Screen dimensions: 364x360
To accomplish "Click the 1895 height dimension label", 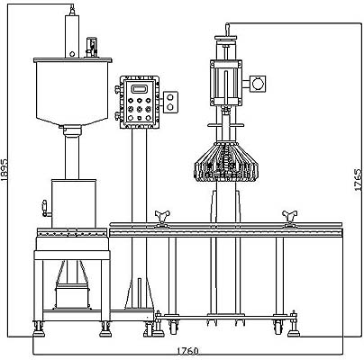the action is [5, 170].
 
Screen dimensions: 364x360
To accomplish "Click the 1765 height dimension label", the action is [359, 180].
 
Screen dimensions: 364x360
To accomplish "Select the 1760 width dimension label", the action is [187, 351].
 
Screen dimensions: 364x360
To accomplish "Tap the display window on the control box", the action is [140, 89].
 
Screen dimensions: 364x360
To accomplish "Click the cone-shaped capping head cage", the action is [226, 161].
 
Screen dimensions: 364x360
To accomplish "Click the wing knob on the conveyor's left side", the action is [162, 218].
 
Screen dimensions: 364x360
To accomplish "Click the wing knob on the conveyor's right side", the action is [289, 218].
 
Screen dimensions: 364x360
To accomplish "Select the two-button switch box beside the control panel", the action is [170, 103].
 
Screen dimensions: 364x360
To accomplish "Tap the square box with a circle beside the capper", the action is [258, 84].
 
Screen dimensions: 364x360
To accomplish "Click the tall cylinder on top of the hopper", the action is [72, 36].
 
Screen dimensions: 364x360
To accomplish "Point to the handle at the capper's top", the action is [227, 30].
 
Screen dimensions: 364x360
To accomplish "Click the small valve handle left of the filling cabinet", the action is [45, 209].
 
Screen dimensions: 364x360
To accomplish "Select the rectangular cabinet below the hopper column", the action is [74, 203].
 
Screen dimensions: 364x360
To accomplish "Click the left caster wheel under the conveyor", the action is [173, 327].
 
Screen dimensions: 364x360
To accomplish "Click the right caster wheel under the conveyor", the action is [278, 327].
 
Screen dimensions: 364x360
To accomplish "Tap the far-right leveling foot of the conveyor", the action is [294, 325].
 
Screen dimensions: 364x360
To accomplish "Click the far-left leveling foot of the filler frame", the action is [39, 328].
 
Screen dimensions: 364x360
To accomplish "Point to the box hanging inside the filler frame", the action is [72, 297].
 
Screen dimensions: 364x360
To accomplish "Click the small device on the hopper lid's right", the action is [91, 47].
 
